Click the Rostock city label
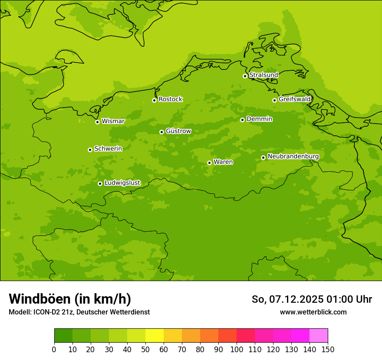tap(170, 99)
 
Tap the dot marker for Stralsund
tap(245, 76)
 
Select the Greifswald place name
tap(294, 99)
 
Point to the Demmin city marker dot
tap(242, 120)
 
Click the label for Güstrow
tap(178, 131)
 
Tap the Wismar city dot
tap(97, 122)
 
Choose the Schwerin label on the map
tap(108, 149)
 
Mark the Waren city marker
tap(209, 163)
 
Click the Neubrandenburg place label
tap(293, 157)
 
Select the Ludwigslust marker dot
tap(100, 183)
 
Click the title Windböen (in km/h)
tap(70, 299)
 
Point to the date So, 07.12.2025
tap(287, 299)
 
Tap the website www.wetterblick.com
tap(313, 312)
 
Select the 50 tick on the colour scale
tap(145, 350)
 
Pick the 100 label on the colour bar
tap(237, 350)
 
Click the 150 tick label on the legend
tap(328, 350)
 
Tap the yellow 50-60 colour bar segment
tap(155, 336)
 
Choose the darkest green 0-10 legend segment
tap(63, 336)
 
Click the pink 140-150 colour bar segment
tap(319, 336)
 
